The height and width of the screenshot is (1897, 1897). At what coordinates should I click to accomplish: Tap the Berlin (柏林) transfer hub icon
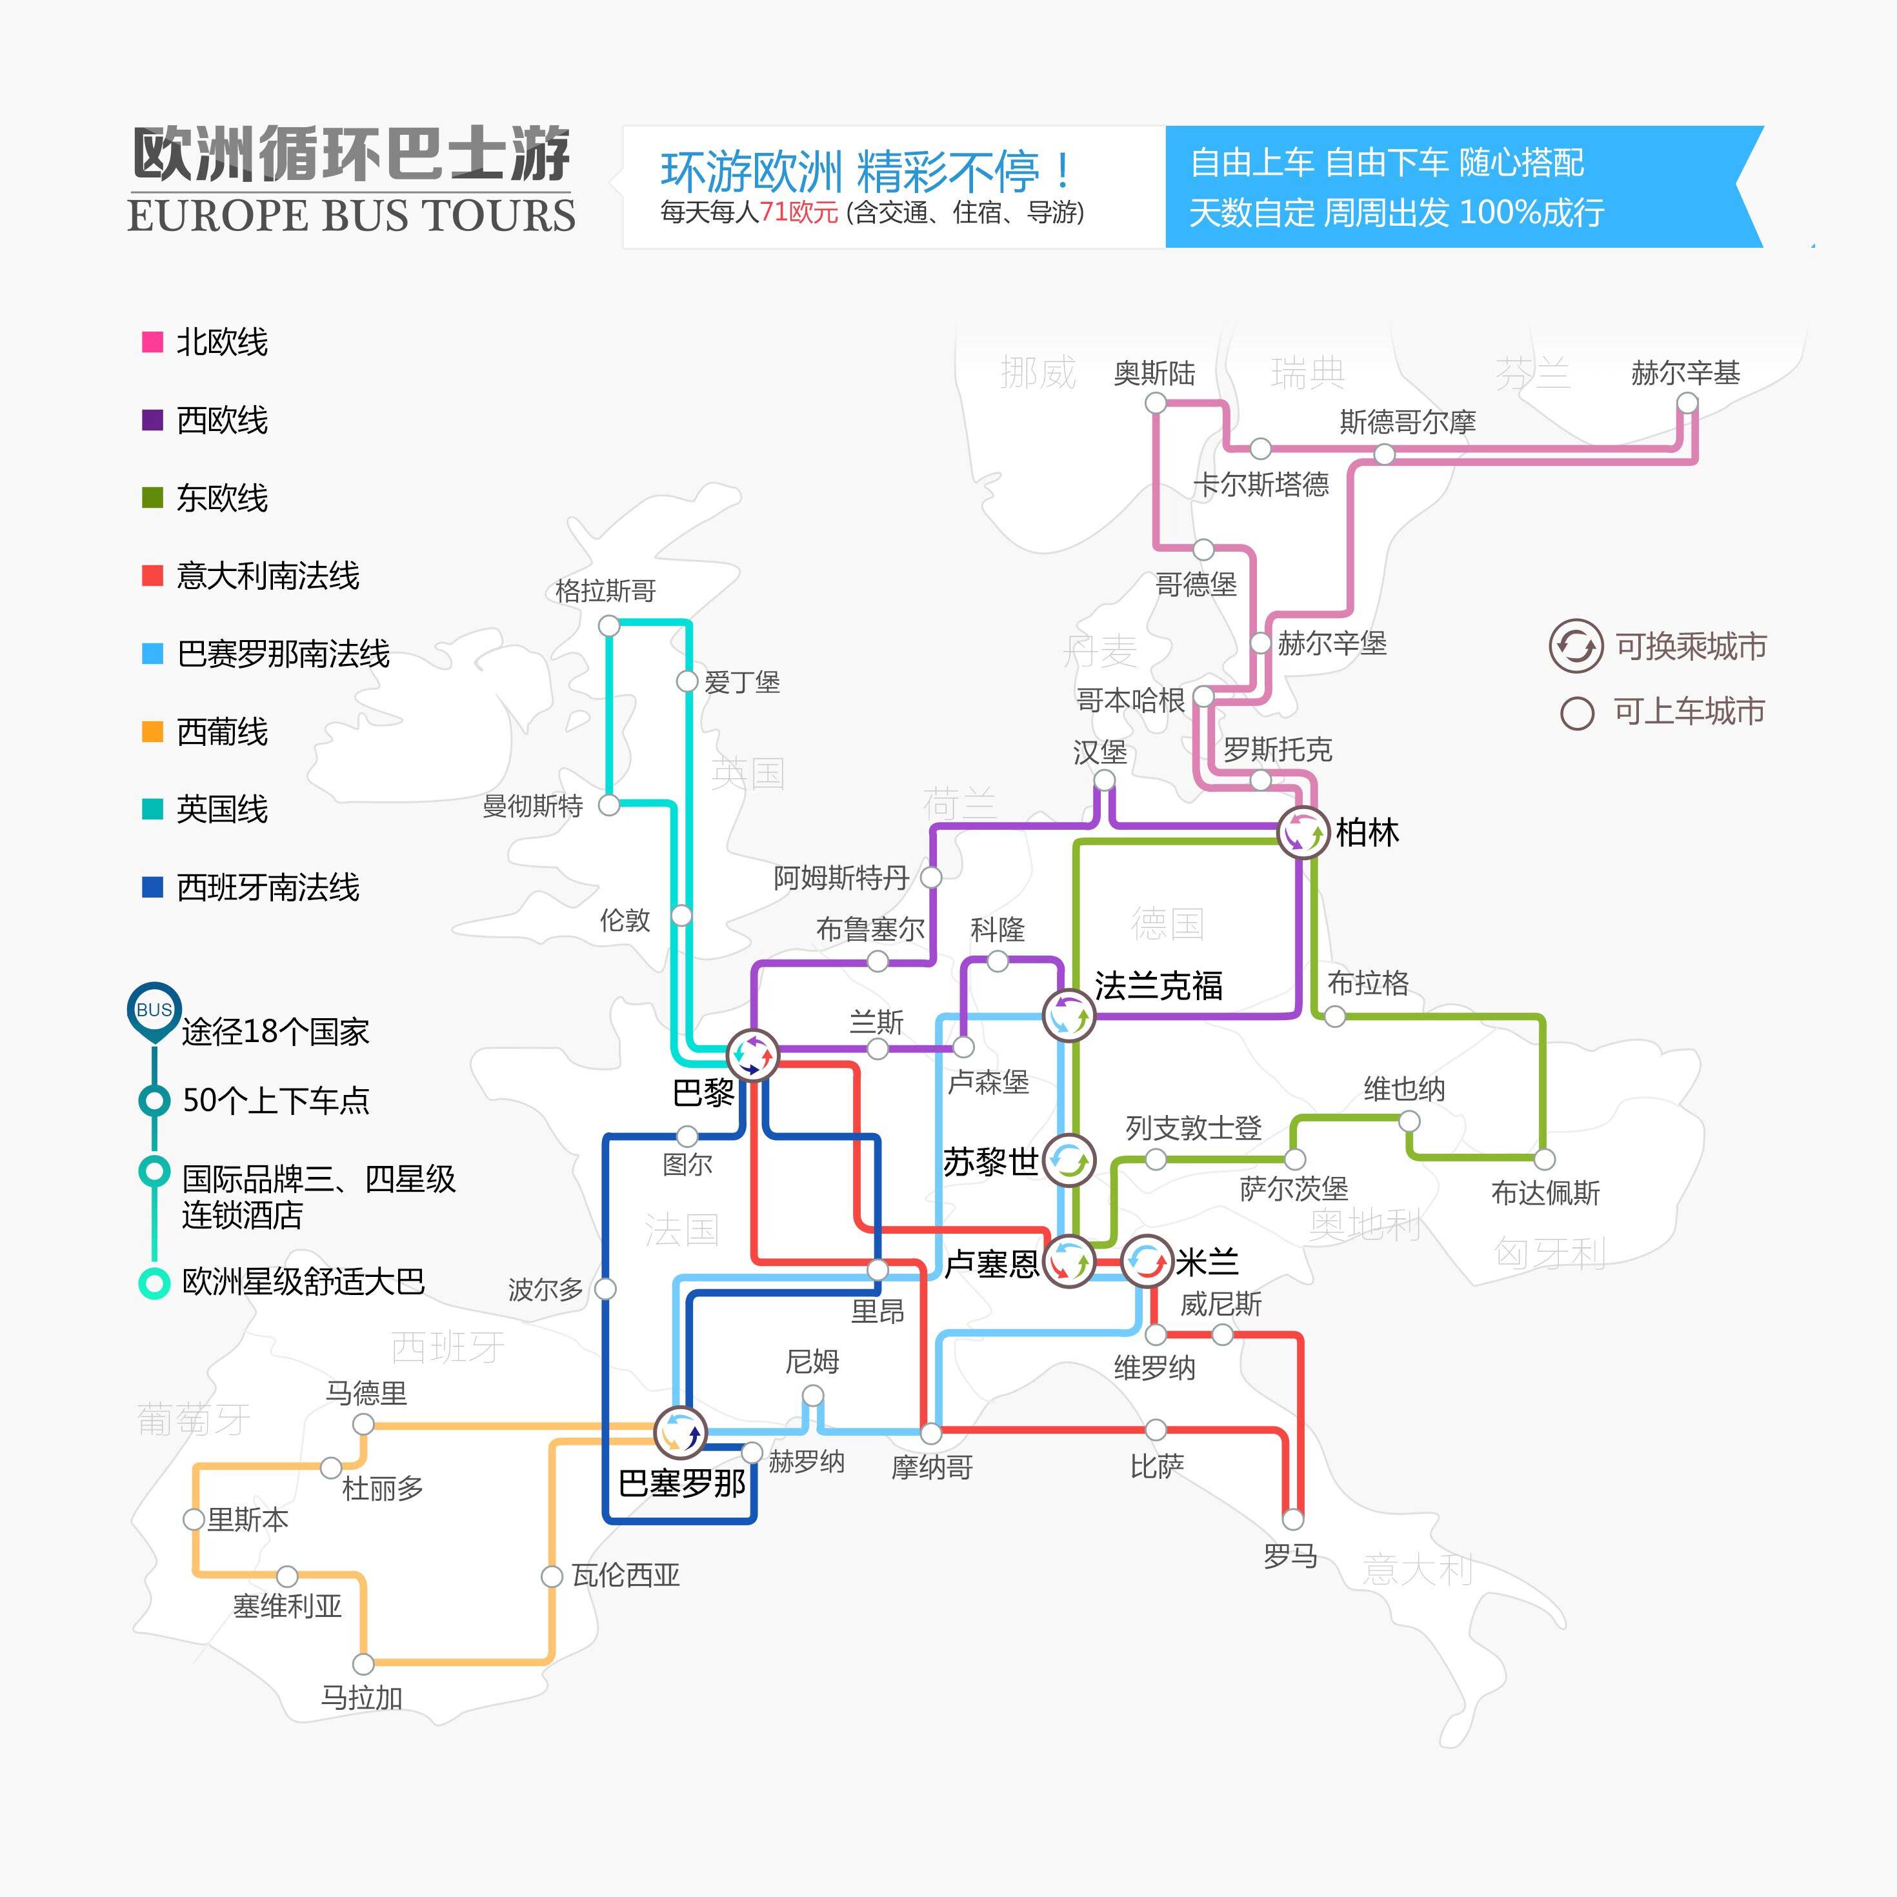[x=1303, y=832]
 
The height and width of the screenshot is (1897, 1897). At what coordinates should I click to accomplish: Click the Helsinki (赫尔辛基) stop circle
[x=1687, y=403]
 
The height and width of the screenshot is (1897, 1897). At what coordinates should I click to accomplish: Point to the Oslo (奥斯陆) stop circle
[x=1156, y=403]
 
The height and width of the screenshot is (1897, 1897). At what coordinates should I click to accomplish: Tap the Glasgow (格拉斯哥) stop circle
[x=608, y=625]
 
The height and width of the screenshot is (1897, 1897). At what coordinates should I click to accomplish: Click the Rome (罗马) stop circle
[x=1293, y=1519]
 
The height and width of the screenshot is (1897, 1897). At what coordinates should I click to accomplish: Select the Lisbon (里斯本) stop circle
[x=194, y=1519]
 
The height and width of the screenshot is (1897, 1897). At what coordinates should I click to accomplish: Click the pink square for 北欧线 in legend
[x=152, y=342]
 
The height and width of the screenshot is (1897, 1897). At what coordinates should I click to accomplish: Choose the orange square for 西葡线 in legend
[x=152, y=732]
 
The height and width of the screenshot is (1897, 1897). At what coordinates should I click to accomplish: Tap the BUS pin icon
[x=154, y=1011]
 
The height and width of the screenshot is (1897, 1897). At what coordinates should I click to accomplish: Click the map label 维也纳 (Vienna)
[x=1404, y=1089]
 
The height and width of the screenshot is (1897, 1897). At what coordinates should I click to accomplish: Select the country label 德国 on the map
[x=1167, y=923]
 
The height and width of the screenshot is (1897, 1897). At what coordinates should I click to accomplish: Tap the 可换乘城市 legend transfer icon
[x=1576, y=646]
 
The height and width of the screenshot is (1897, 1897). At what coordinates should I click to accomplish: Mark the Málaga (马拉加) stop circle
[x=363, y=1664]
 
